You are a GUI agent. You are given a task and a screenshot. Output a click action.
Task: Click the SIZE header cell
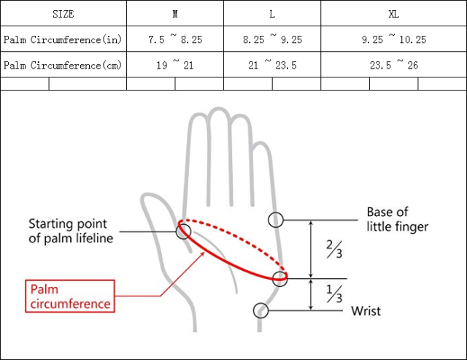[x=63, y=14]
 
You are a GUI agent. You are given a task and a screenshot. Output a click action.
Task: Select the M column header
[x=175, y=14]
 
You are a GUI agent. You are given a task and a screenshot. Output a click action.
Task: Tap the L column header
[x=272, y=14]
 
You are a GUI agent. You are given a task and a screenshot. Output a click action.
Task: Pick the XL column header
[x=394, y=14]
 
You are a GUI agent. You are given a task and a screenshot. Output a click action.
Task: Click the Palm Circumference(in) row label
[x=63, y=39]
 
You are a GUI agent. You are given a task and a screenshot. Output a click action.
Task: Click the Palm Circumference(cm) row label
[x=63, y=65]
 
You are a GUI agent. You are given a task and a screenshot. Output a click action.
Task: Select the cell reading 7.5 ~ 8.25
[x=175, y=39]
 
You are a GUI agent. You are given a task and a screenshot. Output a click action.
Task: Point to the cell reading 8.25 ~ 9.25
[x=272, y=39]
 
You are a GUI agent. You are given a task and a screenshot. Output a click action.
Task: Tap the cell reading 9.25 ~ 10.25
[x=394, y=39]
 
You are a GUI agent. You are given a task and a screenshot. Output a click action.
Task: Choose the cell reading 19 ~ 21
[x=175, y=65]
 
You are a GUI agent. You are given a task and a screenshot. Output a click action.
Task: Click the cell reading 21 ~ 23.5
[x=272, y=65]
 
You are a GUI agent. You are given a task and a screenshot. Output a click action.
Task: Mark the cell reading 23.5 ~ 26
[x=394, y=65]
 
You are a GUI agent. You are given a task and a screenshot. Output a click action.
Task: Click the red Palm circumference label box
[x=70, y=296]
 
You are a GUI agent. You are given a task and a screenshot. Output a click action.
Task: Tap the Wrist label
[x=366, y=311]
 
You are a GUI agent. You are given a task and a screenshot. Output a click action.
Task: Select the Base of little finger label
[x=397, y=219]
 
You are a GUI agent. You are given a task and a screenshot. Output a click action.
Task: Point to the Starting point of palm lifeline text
[x=71, y=231]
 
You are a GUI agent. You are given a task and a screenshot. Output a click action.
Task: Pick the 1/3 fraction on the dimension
[x=333, y=294]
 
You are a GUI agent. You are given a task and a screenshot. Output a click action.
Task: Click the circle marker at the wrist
[x=260, y=310]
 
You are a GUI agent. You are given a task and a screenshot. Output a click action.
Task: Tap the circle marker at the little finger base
[x=276, y=219]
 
